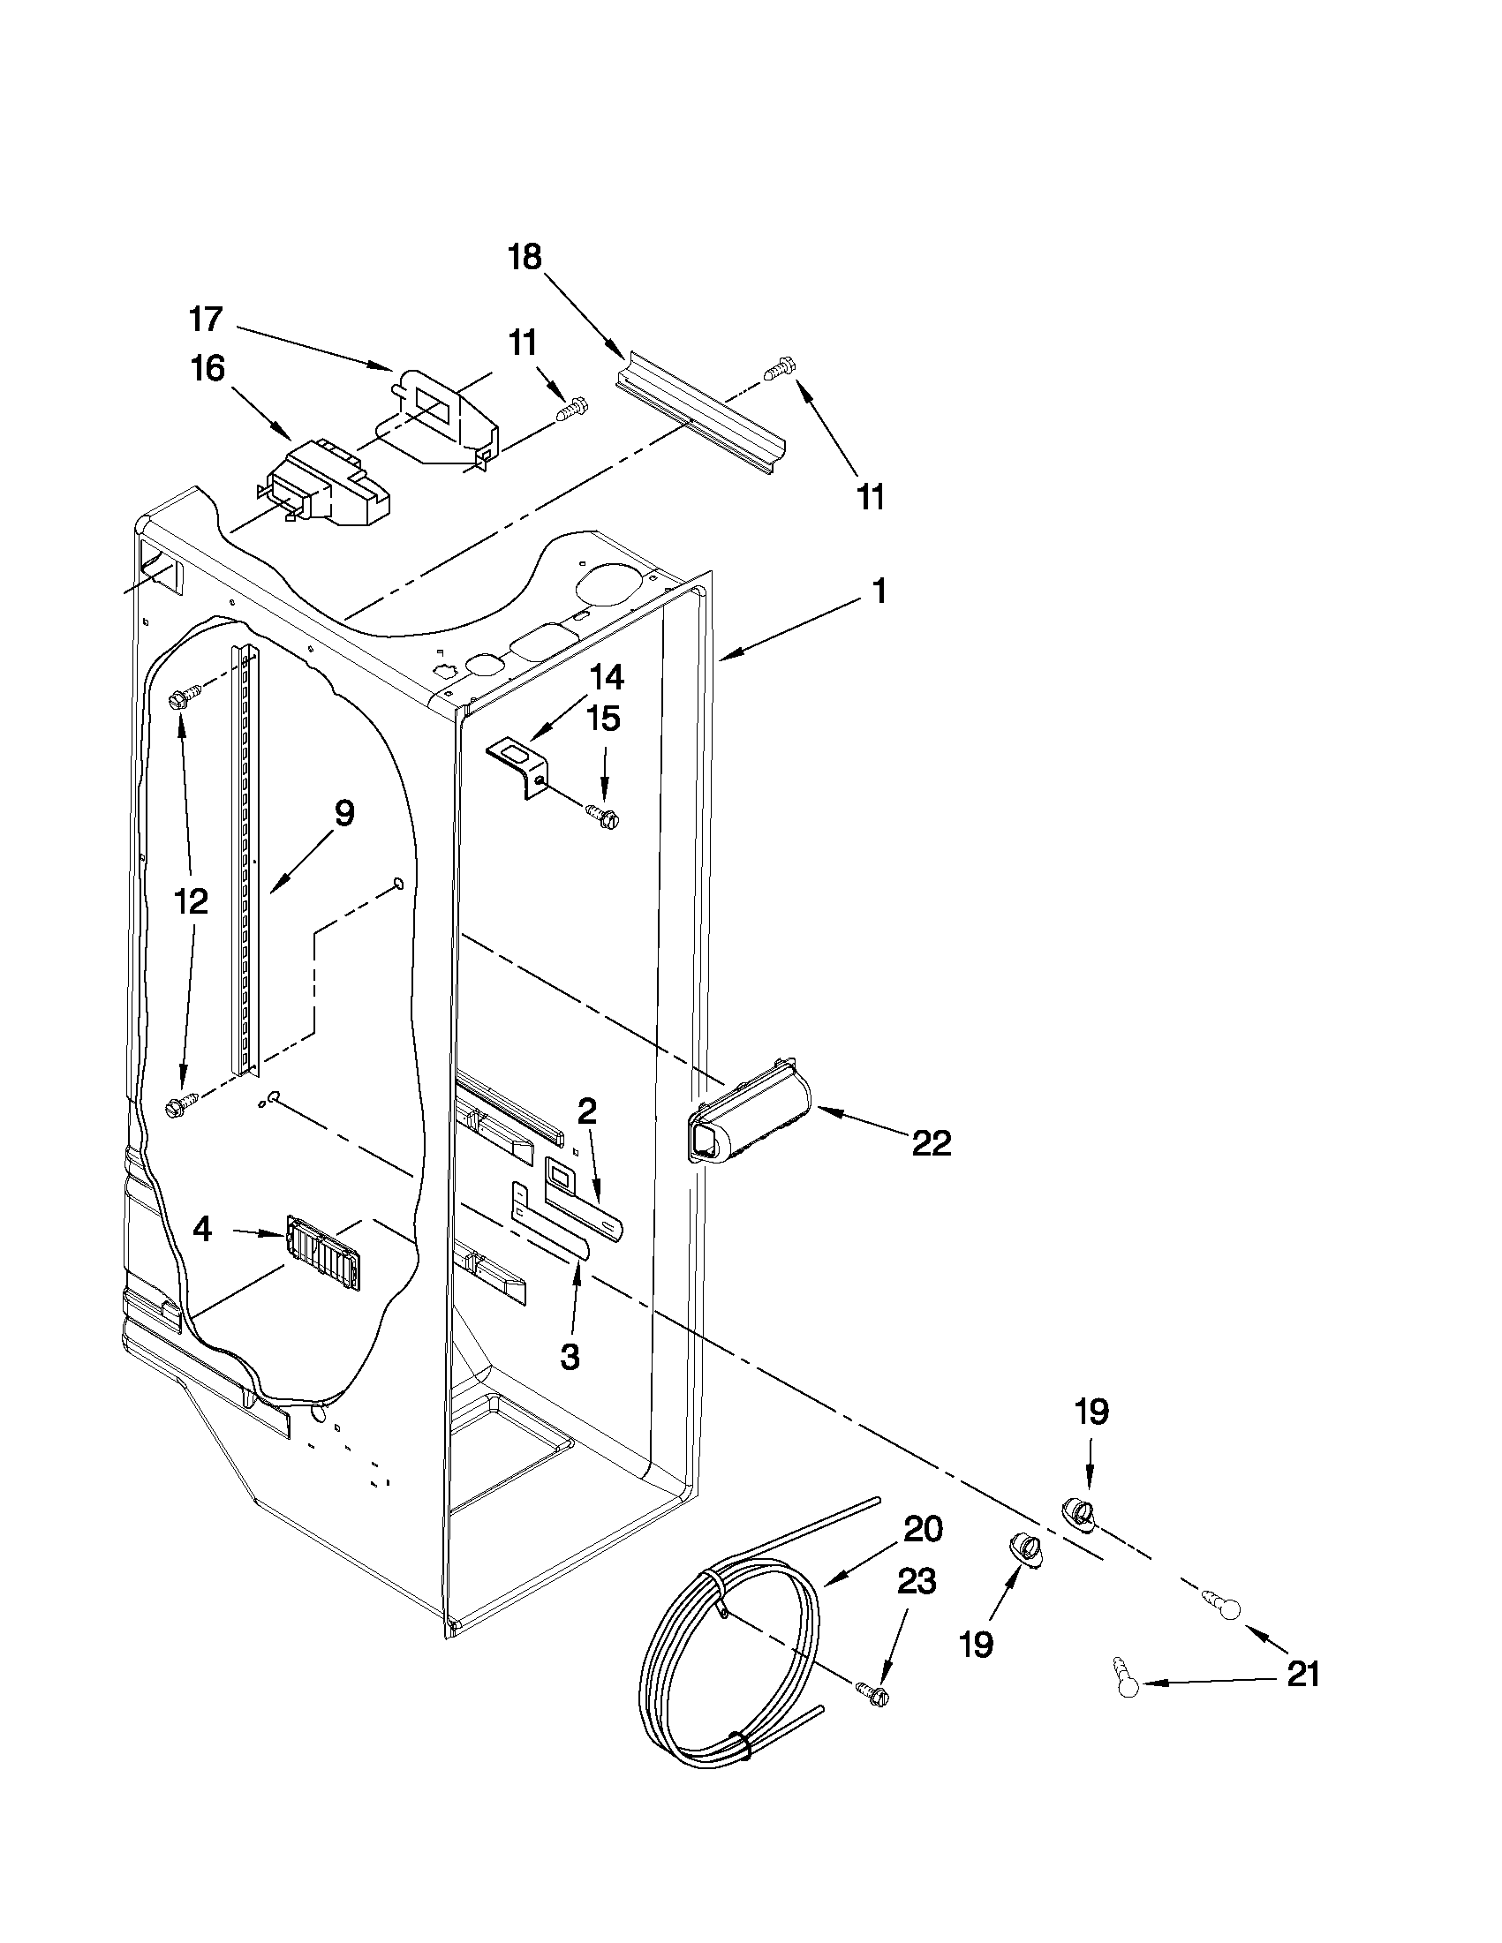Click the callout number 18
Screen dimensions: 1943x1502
click(x=525, y=258)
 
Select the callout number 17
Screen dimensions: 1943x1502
click(x=207, y=319)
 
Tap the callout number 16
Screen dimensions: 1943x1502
click(x=208, y=369)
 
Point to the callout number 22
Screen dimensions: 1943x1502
click(x=932, y=1143)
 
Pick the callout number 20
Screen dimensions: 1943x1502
click(x=923, y=1529)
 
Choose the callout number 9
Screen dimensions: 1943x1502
click(x=344, y=813)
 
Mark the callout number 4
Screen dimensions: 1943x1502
click(x=203, y=1231)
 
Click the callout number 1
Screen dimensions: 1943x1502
click(x=879, y=591)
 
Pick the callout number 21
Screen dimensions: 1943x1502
click(x=1303, y=1675)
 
